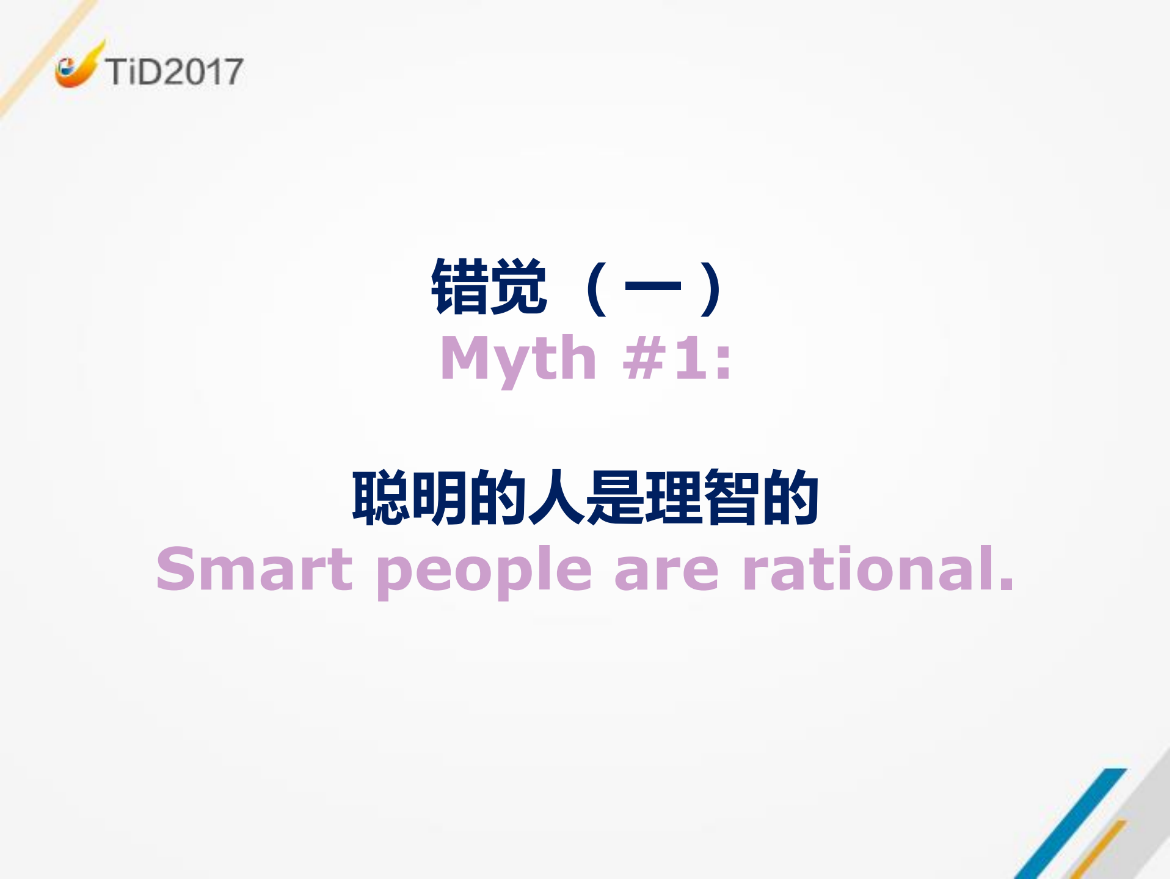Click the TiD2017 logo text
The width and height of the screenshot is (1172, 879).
pyautogui.click(x=174, y=71)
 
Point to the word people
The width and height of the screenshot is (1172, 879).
pyautogui.click(x=484, y=572)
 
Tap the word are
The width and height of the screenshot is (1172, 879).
pyautogui.click(x=666, y=571)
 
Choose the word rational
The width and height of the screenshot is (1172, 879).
pyautogui.click(x=878, y=569)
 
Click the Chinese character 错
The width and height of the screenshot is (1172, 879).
pyautogui.click(x=460, y=286)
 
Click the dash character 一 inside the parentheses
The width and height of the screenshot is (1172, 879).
pyautogui.click(x=653, y=286)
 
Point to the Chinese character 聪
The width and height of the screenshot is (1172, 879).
pyautogui.click(x=380, y=497)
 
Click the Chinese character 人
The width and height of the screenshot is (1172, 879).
pyautogui.click(x=556, y=497)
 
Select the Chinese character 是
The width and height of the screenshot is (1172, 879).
pyautogui.click(x=614, y=497)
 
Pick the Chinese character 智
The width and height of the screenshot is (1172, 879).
pyautogui.click(x=732, y=497)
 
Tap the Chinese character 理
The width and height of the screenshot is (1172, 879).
pyautogui.click(x=673, y=497)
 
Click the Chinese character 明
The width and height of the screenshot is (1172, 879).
pyautogui.click(x=439, y=497)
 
